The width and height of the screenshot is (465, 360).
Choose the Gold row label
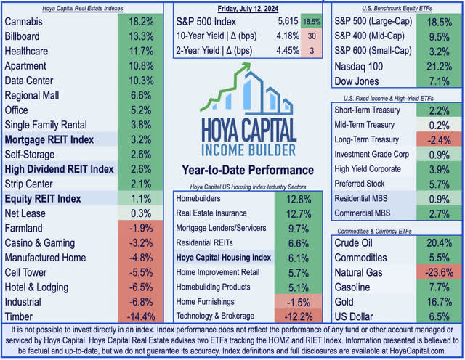(x=348, y=301)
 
